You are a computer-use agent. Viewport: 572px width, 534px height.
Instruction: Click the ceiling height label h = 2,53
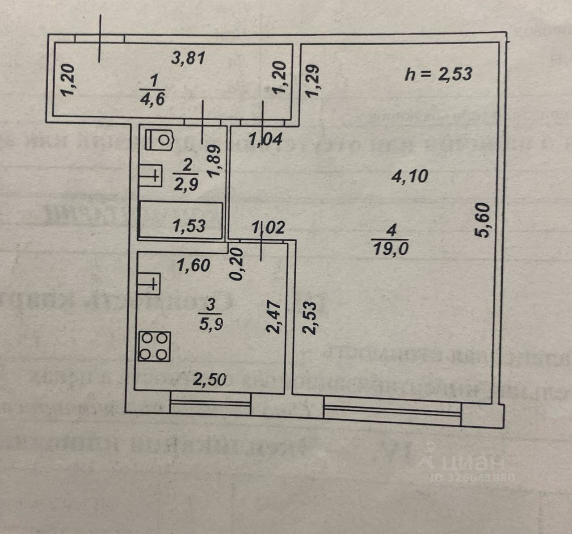tap(438, 74)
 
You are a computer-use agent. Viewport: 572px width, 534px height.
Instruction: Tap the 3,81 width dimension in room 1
tap(189, 58)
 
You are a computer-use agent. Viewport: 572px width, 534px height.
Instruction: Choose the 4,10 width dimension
tap(409, 177)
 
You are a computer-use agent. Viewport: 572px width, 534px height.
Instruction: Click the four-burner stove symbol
tap(154, 346)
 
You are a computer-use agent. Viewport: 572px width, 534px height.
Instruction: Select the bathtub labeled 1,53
tap(181, 220)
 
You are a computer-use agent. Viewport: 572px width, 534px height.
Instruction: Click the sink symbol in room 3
tap(148, 283)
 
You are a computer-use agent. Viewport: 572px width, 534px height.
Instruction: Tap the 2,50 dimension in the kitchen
tap(209, 380)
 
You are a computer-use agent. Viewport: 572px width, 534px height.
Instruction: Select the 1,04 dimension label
tap(265, 140)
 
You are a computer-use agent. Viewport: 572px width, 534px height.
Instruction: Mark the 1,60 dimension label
tap(193, 265)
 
